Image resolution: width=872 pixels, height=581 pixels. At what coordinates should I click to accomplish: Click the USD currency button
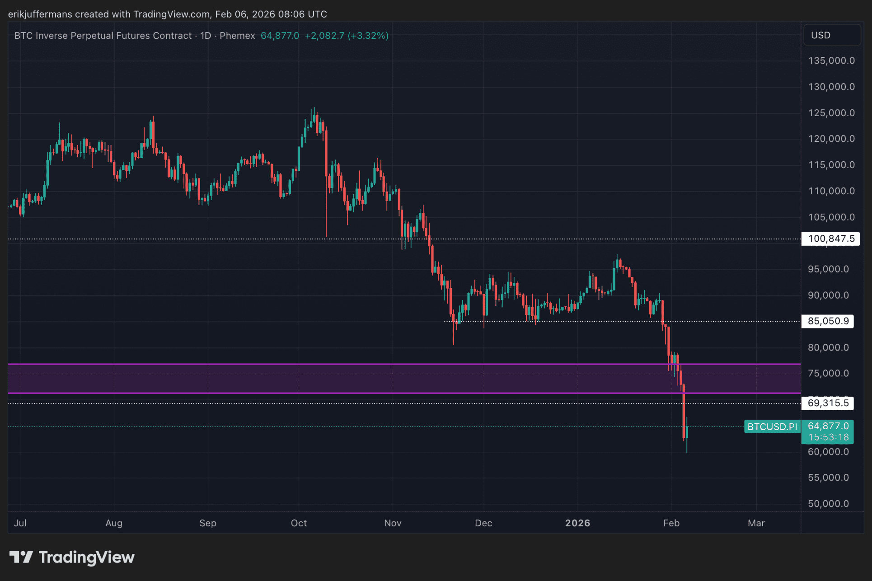(x=831, y=35)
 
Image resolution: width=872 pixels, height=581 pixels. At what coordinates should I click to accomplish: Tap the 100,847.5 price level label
(x=830, y=239)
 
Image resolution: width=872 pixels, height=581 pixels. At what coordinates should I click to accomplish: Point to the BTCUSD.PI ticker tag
(x=772, y=426)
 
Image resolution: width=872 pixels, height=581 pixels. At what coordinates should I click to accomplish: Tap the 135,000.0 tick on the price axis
(x=831, y=61)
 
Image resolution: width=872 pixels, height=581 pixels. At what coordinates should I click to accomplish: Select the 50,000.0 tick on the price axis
(x=828, y=504)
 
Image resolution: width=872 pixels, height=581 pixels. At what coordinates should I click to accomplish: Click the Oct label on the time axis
(x=299, y=523)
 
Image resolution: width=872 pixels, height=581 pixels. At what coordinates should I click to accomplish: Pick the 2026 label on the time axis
(x=577, y=523)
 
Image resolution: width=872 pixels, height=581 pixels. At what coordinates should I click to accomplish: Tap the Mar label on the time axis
(x=756, y=523)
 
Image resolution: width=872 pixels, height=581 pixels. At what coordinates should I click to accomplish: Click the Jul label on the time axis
(x=20, y=523)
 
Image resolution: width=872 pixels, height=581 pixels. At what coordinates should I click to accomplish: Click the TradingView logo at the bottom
(x=72, y=558)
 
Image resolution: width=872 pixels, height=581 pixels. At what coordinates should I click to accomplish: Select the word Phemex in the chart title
(x=237, y=36)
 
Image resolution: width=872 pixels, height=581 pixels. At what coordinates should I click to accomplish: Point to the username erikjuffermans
(x=40, y=14)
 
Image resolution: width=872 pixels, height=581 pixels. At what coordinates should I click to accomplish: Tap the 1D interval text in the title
(x=206, y=36)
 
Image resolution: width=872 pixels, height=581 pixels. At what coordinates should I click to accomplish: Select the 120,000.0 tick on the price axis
(x=831, y=139)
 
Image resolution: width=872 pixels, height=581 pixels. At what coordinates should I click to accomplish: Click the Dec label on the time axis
(x=483, y=523)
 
